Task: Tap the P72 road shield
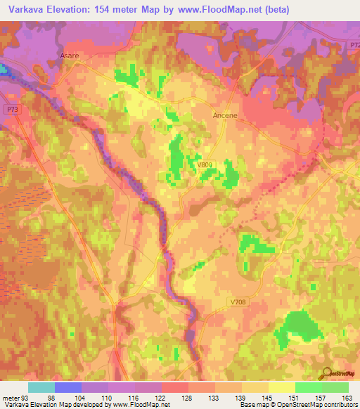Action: pos(354,44)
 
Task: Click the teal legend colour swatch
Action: pos(41,387)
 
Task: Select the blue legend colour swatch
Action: pos(67,387)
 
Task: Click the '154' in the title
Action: pos(106,10)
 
